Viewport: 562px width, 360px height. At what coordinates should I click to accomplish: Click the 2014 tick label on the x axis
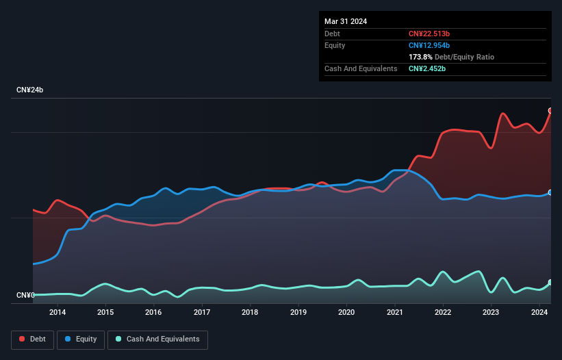click(x=58, y=313)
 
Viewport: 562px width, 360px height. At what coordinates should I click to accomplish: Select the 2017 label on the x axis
click(x=202, y=313)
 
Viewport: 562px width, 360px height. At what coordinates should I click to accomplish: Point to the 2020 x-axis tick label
click(x=346, y=313)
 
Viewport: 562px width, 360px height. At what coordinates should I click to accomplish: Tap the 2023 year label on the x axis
click(x=491, y=313)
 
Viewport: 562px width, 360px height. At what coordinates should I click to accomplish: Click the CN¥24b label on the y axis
click(x=30, y=90)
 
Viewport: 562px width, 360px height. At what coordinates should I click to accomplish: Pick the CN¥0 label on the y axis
click(x=25, y=296)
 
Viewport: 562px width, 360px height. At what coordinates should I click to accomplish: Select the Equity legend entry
click(x=81, y=339)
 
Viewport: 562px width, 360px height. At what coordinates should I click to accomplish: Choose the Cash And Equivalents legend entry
click(x=157, y=339)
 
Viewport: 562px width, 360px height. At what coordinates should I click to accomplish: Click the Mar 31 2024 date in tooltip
click(x=346, y=21)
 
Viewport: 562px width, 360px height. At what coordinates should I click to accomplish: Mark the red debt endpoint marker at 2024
click(x=550, y=111)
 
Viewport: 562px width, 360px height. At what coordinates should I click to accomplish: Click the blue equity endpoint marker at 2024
click(x=550, y=192)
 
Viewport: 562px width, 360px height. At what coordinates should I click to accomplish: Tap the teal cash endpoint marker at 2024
click(x=550, y=283)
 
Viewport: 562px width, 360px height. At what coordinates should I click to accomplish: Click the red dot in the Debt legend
click(x=22, y=339)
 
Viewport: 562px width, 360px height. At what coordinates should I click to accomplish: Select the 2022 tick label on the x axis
click(x=443, y=313)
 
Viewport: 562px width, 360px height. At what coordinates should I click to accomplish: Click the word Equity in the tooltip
click(x=335, y=45)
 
